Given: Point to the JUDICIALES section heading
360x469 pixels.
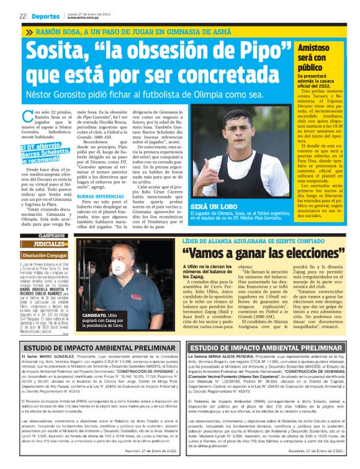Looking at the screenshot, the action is click(44, 244).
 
